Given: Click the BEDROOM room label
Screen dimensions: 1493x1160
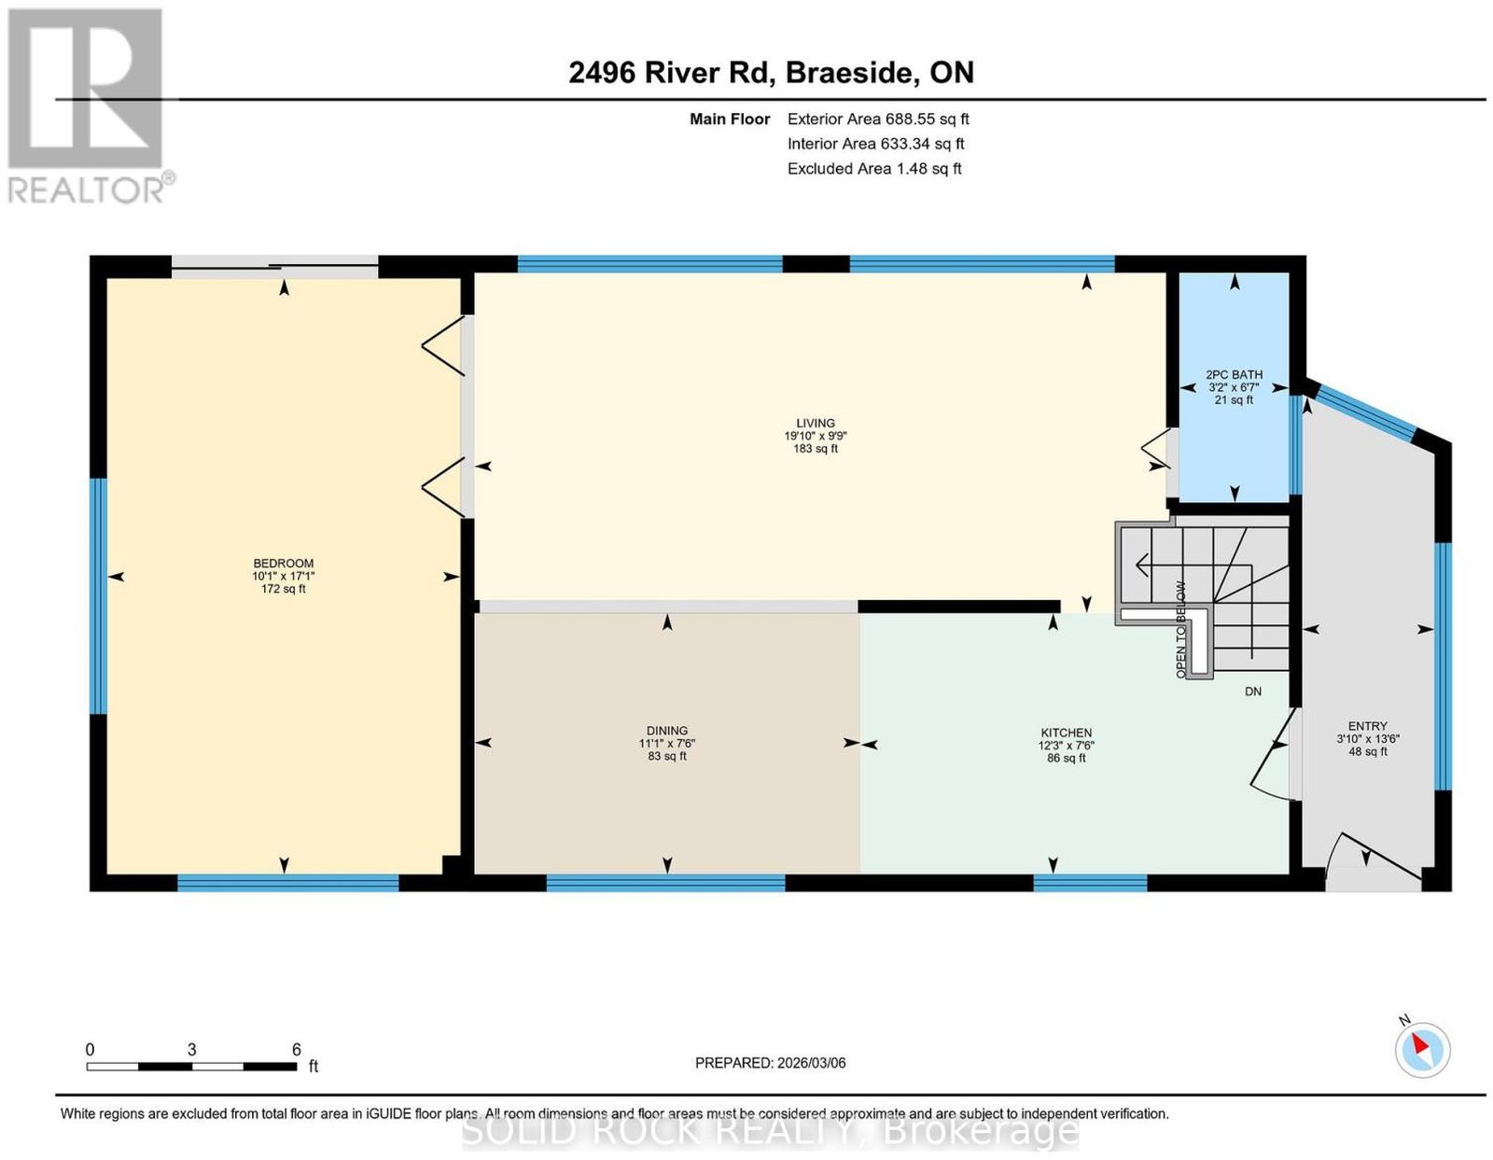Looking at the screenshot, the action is tap(283, 563).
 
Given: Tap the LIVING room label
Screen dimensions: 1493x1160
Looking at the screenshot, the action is tap(816, 423).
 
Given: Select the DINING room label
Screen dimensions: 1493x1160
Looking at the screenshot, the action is tap(666, 731).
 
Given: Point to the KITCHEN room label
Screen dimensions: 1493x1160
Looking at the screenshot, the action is tap(1067, 733).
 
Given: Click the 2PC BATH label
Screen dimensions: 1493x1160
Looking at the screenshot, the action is tap(1234, 375).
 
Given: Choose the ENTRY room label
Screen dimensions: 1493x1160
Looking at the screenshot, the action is tap(1367, 726).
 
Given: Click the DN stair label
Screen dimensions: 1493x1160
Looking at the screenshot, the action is tap(1253, 692).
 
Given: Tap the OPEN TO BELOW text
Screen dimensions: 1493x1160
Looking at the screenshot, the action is tap(1181, 629).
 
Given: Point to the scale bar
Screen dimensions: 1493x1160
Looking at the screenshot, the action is tap(191, 1067).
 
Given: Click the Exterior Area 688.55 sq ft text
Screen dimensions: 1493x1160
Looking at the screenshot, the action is tap(878, 119).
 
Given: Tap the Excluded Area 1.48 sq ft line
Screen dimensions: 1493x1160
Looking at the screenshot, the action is tap(874, 168).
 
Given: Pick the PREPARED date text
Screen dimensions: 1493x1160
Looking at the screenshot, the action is tap(770, 1062).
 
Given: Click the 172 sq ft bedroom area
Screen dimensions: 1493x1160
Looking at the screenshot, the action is tap(283, 589).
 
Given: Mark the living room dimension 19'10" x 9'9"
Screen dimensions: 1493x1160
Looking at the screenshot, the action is tap(816, 436).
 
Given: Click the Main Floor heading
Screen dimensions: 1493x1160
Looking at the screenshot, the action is tap(730, 119).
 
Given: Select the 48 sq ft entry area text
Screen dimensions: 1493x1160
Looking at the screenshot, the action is tap(1367, 751).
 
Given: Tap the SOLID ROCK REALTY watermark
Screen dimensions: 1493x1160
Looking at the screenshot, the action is tap(770, 1131).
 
